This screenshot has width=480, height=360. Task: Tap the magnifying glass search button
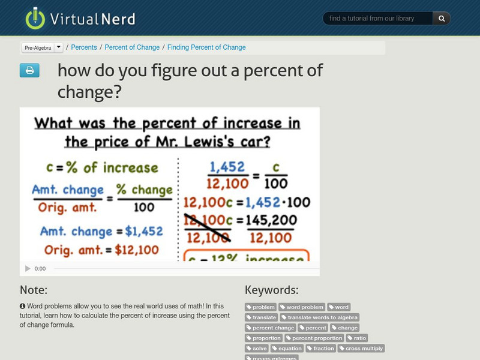pos(442,19)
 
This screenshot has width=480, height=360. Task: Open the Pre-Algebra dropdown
pos(42,47)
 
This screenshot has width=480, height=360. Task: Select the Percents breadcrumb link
pos(84,47)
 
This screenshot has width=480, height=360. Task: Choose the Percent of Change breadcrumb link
pos(132,47)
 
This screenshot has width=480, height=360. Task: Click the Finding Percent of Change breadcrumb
pos(206,47)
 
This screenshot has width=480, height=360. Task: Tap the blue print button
pos(29,71)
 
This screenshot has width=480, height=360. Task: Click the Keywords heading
pos(271,290)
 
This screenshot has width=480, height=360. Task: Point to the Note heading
pos(34,290)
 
